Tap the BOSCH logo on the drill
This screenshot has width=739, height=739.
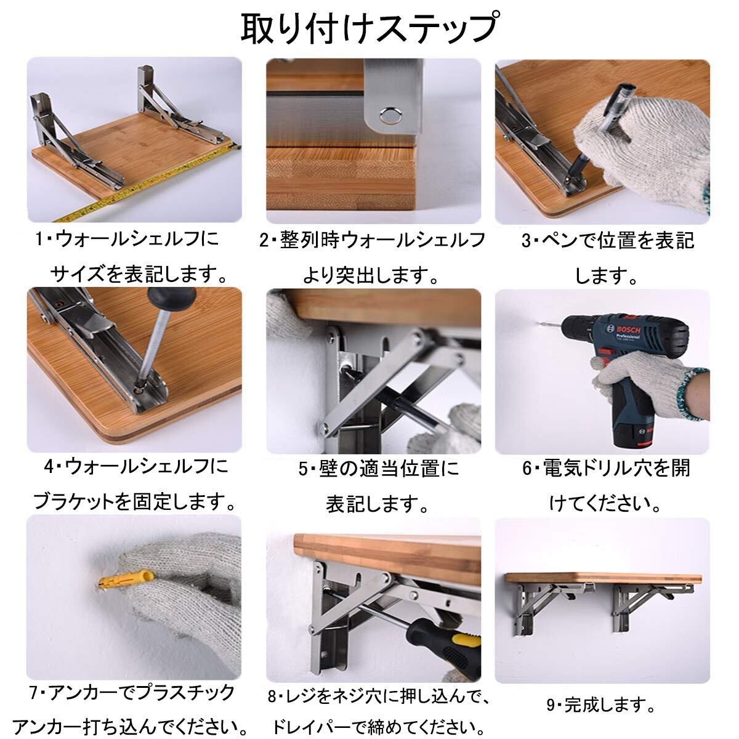point(628,329)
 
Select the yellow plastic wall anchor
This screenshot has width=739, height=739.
point(125,586)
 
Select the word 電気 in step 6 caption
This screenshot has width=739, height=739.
point(560,468)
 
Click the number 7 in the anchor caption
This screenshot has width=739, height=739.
point(34,692)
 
